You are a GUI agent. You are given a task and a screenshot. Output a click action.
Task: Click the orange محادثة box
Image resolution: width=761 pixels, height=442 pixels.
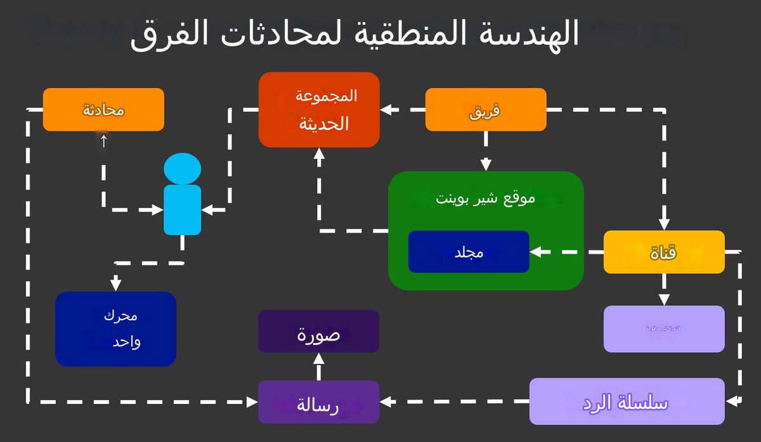coord(103,110)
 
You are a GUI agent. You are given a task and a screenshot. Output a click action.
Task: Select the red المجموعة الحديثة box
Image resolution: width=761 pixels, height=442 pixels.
coord(319,110)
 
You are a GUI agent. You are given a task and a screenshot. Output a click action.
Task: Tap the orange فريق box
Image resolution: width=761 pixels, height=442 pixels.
coord(485,110)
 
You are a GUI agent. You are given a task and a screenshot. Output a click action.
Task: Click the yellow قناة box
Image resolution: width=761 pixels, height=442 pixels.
coord(663,252)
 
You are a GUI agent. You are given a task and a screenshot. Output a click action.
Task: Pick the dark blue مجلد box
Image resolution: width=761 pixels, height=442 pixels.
coord(469,252)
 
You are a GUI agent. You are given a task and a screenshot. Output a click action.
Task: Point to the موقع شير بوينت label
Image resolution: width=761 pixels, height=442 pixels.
coord(485,198)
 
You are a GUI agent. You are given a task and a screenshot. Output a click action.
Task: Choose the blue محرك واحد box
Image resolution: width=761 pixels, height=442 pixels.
coord(115,328)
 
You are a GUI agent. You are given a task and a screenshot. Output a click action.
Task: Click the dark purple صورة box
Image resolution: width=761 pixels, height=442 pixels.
coord(318,331)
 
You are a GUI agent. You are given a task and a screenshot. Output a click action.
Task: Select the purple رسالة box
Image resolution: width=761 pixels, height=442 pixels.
coord(318,402)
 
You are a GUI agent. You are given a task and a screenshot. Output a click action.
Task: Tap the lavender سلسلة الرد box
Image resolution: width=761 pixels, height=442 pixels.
coord(627,401)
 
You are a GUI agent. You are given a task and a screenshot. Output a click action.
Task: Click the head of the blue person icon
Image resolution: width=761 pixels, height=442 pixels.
coord(183,169)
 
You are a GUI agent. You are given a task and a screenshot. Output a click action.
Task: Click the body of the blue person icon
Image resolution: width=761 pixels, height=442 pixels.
coord(183,209)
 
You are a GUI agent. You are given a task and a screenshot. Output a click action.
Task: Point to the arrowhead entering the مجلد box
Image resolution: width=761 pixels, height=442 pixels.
coord(535,252)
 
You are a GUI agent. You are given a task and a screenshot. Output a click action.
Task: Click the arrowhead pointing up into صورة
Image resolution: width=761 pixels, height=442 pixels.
coord(319,358)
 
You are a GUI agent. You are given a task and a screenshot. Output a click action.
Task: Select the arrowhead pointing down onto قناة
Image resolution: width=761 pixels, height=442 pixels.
coord(663,224)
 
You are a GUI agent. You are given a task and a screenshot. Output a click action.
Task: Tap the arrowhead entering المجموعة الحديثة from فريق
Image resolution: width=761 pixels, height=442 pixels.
coord(385,110)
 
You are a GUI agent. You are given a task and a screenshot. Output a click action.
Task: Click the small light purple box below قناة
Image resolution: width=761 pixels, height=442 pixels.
coord(663,328)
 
